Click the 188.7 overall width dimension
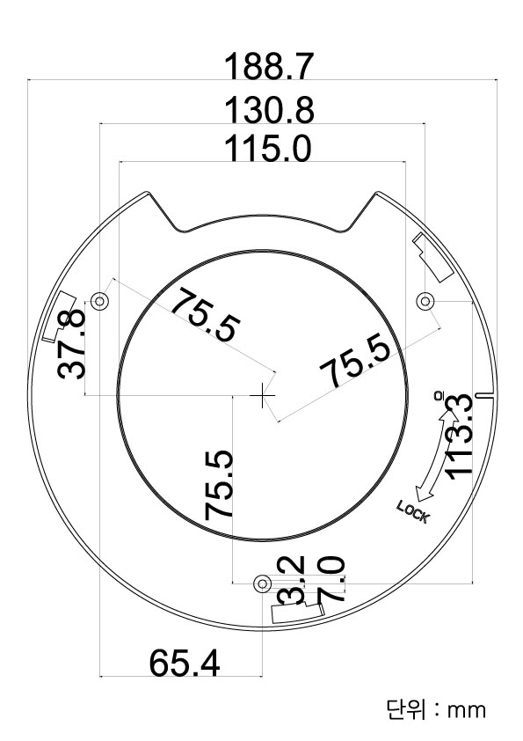coord(269,67)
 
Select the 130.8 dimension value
coord(269,111)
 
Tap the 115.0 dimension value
coord(267,148)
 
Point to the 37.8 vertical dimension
coord(72,344)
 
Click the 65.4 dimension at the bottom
coord(184,663)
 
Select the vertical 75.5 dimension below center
coord(219,485)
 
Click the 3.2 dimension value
coord(292,581)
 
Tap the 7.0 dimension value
coord(332,579)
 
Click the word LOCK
coord(412,511)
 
